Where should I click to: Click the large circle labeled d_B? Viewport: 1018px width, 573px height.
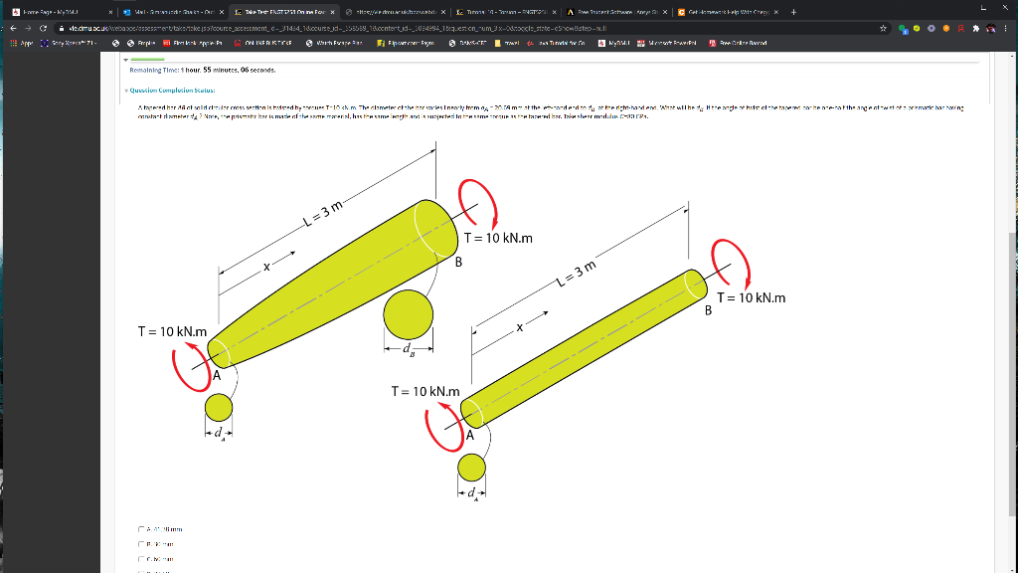409,315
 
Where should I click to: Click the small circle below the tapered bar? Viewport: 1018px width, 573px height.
219,407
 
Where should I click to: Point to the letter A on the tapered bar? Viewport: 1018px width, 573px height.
215,376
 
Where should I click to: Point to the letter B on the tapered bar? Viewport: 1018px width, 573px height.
458,263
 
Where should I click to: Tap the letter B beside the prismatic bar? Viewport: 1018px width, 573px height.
709,310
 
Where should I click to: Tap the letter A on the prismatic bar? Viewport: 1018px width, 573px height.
470,436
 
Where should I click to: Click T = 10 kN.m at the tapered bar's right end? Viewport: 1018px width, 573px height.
498,238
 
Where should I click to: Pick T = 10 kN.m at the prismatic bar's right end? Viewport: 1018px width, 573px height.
751,297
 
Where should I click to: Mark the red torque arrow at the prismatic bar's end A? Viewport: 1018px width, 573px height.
440,425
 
